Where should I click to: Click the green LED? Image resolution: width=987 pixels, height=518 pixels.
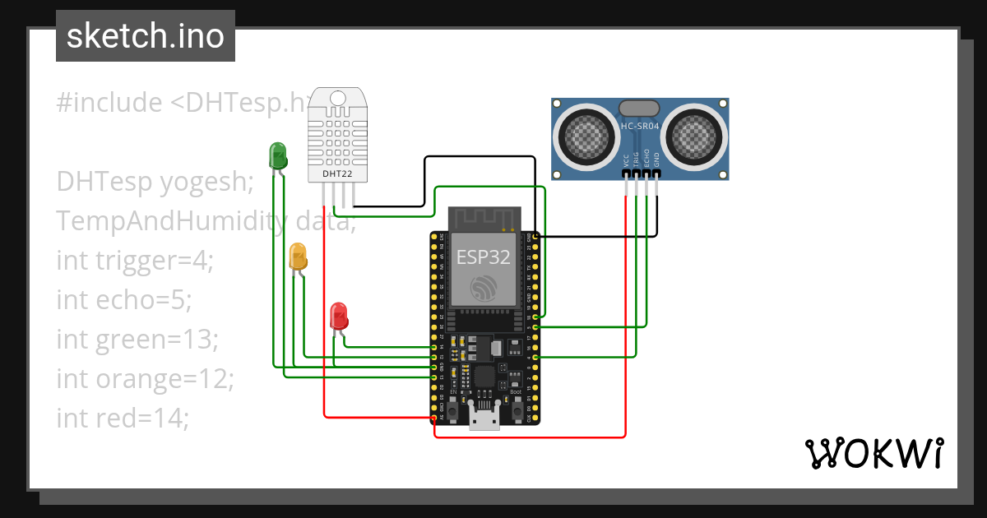click(x=277, y=155)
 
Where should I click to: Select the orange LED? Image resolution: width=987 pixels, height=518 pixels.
click(x=298, y=256)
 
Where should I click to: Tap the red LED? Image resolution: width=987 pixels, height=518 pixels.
click(x=338, y=316)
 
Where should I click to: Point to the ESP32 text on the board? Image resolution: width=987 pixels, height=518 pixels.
click(x=484, y=257)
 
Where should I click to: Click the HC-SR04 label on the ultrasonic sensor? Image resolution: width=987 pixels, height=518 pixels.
click(x=639, y=126)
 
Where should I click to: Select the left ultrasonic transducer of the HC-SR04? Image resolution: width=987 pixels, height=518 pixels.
click(x=585, y=134)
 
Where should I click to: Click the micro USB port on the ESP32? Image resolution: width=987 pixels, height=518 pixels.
click(x=484, y=418)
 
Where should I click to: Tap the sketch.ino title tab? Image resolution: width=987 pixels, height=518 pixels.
click(x=146, y=36)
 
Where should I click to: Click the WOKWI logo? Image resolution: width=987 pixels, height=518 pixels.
click(x=873, y=453)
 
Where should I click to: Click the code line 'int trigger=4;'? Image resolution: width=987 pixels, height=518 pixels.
click(x=135, y=261)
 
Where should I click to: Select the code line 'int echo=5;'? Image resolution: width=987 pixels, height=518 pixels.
click(x=123, y=300)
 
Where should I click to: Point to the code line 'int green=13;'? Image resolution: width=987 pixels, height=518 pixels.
click(x=137, y=340)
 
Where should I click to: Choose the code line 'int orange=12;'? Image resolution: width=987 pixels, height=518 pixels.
click(x=146, y=379)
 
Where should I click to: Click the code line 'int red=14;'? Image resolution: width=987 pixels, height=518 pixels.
click(x=123, y=419)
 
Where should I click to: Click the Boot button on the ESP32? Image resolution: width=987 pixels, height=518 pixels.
click(x=516, y=404)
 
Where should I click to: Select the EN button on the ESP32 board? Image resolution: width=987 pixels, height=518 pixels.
click(x=452, y=404)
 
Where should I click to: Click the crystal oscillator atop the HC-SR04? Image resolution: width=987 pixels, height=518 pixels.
click(x=639, y=107)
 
